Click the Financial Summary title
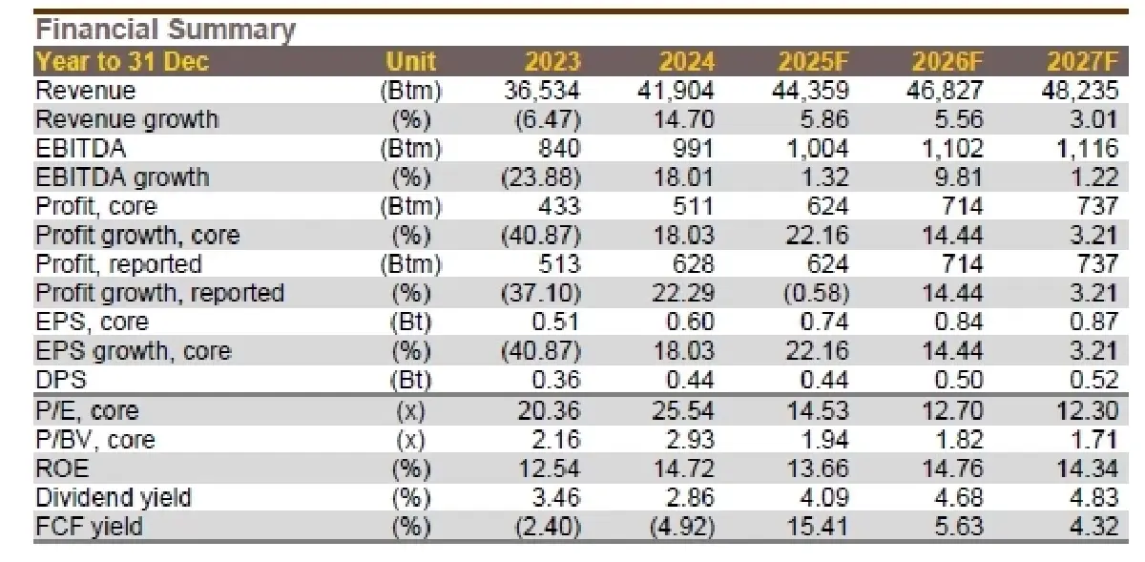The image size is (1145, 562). tap(165, 30)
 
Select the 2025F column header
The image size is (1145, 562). tap(813, 62)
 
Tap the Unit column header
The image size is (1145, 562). tap(410, 62)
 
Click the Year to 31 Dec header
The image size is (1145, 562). tap(122, 62)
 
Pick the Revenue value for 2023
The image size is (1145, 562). tap(542, 91)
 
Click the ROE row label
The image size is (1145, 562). tap(57, 468)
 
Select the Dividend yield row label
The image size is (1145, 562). tap(114, 497)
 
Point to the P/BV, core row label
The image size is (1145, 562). tap(94, 440)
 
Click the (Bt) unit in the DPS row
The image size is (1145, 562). tap(411, 381)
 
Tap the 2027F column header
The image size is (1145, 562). tap(1082, 62)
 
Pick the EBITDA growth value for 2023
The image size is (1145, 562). tap(541, 177)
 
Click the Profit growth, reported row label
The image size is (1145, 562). tap(159, 293)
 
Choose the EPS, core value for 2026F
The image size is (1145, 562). tap(954, 323)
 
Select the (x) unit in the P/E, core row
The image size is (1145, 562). tap(411, 411)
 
